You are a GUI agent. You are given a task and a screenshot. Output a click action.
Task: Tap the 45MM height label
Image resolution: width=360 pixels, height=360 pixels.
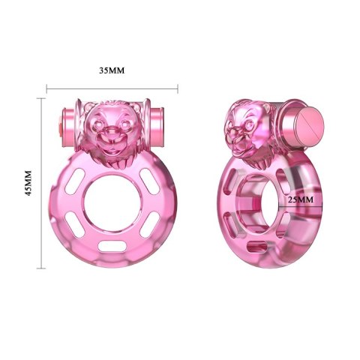coord(29,181)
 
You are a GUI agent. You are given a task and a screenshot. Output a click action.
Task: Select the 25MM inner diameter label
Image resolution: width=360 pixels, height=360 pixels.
coord(299,201)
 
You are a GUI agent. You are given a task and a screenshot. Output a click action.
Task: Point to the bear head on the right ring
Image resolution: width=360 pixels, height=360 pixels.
coord(247,127)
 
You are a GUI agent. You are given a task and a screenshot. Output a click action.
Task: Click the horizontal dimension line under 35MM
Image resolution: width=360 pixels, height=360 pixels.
coord(112,89)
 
